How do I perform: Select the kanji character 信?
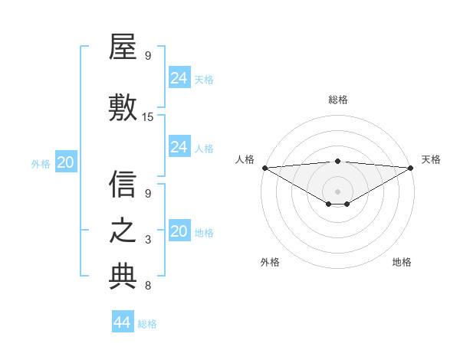tap(123, 184)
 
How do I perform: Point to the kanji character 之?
tap(123, 231)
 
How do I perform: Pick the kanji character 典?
tap(123, 277)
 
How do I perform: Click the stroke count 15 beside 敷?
tap(148, 117)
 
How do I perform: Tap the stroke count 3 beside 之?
tap(148, 240)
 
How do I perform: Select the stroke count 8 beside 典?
tap(148, 286)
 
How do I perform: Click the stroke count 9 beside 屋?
tap(148, 56)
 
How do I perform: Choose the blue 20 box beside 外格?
tap(66, 162)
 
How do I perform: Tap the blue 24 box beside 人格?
tap(179, 147)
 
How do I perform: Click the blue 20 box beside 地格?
tap(179, 231)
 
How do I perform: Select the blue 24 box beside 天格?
tap(179, 78)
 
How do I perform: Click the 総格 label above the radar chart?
tap(338, 100)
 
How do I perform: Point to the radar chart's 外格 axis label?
tap(270, 262)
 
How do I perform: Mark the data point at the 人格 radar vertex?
tap(264, 168)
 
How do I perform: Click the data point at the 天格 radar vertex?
tap(411, 168)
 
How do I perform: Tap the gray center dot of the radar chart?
tap(337, 191)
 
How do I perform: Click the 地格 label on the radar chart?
tap(402, 262)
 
